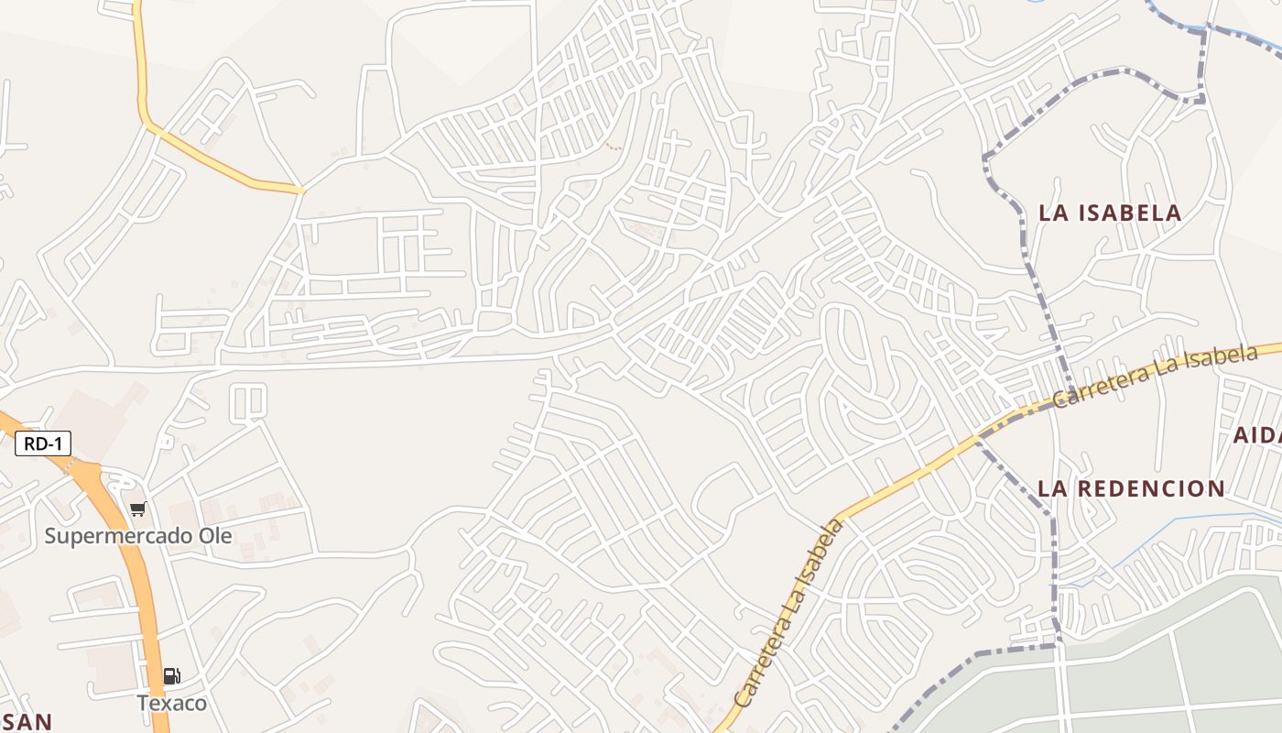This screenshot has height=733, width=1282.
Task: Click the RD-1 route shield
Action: click(x=43, y=444)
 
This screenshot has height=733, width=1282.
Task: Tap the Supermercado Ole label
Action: click(x=138, y=536)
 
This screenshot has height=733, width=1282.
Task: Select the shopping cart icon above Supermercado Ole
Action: click(x=137, y=509)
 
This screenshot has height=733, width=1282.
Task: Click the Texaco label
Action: click(x=172, y=703)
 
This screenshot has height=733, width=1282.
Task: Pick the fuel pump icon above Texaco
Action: click(x=171, y=677)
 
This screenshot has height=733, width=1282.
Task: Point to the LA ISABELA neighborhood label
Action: click(x=1110, y=213)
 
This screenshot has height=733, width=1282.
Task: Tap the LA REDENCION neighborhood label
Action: click(x=1132, y=488)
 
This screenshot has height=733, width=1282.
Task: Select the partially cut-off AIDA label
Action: click(x=1257, y=435)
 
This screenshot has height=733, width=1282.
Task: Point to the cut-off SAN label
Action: click(x=26, y=721)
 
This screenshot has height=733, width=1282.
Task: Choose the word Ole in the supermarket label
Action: click(x=214, y=536)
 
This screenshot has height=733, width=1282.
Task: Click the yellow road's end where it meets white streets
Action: click(x=301, y=191)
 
